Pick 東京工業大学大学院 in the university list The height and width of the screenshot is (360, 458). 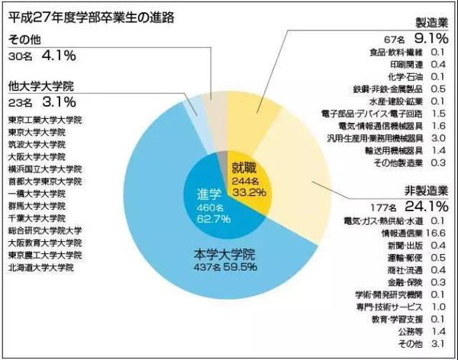[45, 121]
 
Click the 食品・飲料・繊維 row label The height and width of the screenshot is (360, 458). [385, 53]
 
